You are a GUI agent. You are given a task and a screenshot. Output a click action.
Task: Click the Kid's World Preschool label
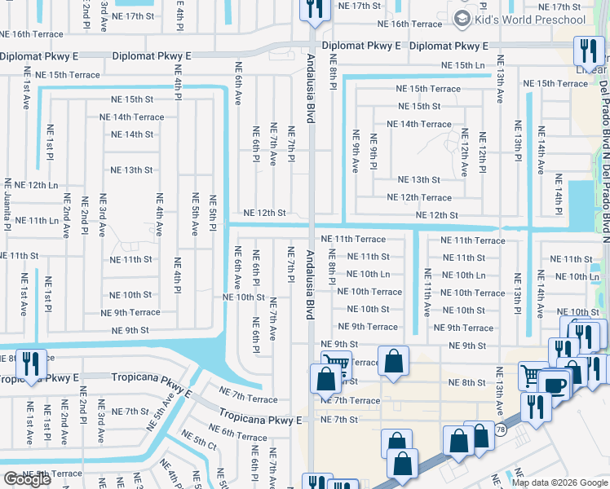coord(530,20)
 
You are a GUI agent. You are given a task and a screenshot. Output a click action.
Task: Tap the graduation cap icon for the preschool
coord(462,19)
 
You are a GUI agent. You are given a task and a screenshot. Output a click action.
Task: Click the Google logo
coord(27,479)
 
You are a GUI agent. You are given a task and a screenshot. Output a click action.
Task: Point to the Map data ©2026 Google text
coord(559,482)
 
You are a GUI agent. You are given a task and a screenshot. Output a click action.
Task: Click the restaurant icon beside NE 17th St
coord(312,8)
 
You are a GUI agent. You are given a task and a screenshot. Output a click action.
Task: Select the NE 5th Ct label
coord(199,443)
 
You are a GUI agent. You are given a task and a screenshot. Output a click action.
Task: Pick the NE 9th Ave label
coord(355,151)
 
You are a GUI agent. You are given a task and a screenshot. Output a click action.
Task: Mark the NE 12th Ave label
coord(464,152)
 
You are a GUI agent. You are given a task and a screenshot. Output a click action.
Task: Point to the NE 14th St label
coord(131,134)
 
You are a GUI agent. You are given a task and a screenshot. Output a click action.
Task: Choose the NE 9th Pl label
coord(373,152)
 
